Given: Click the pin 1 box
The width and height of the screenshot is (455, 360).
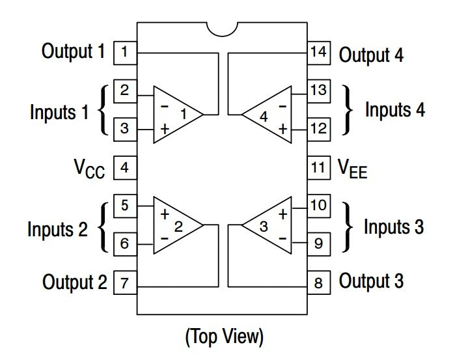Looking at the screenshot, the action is [125, 53].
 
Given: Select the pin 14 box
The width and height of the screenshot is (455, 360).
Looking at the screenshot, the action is [318, 53].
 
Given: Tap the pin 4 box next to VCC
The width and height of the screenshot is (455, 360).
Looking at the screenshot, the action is [125, 168].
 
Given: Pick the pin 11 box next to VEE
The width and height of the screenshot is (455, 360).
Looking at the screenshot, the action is [318, 168].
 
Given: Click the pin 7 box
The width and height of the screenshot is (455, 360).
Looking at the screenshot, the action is [125, 283].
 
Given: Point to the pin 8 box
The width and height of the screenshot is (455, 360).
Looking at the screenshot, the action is [318, 283].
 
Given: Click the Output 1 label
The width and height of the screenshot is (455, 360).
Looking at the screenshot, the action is [73, 51].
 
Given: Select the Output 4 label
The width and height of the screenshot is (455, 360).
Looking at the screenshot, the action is [371, 55].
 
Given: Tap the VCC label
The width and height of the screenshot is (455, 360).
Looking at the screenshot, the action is [89, 169].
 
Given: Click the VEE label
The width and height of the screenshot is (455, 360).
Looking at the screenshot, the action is [353, 169].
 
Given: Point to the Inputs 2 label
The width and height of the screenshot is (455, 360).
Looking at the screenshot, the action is [57, 229].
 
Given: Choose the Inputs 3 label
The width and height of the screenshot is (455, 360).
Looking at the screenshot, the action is [394, 227].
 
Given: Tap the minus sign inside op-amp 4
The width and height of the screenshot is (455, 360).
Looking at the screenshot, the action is [283, 107].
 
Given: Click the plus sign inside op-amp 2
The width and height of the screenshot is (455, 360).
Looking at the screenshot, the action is [165, 214].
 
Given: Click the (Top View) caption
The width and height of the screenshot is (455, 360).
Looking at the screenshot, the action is [225, 337].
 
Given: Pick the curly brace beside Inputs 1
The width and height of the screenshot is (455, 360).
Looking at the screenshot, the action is [103, 110].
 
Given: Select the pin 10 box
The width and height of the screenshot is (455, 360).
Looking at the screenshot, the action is [318, 206].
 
